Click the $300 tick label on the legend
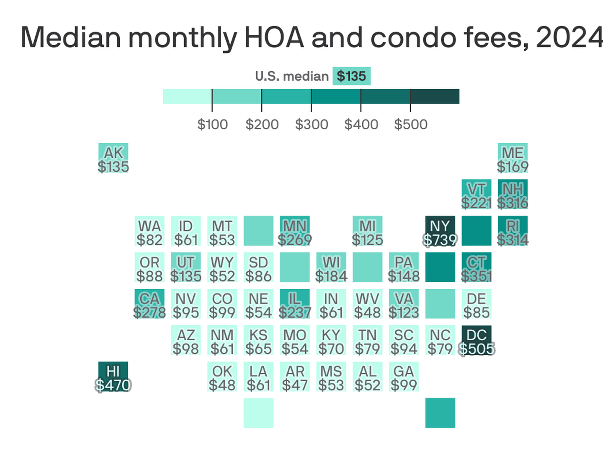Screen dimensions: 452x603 click(312, 124)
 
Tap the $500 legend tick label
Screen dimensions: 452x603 click(411, 124)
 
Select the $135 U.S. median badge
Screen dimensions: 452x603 click(351, 76)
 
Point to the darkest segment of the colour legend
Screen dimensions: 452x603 click(435, 96)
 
